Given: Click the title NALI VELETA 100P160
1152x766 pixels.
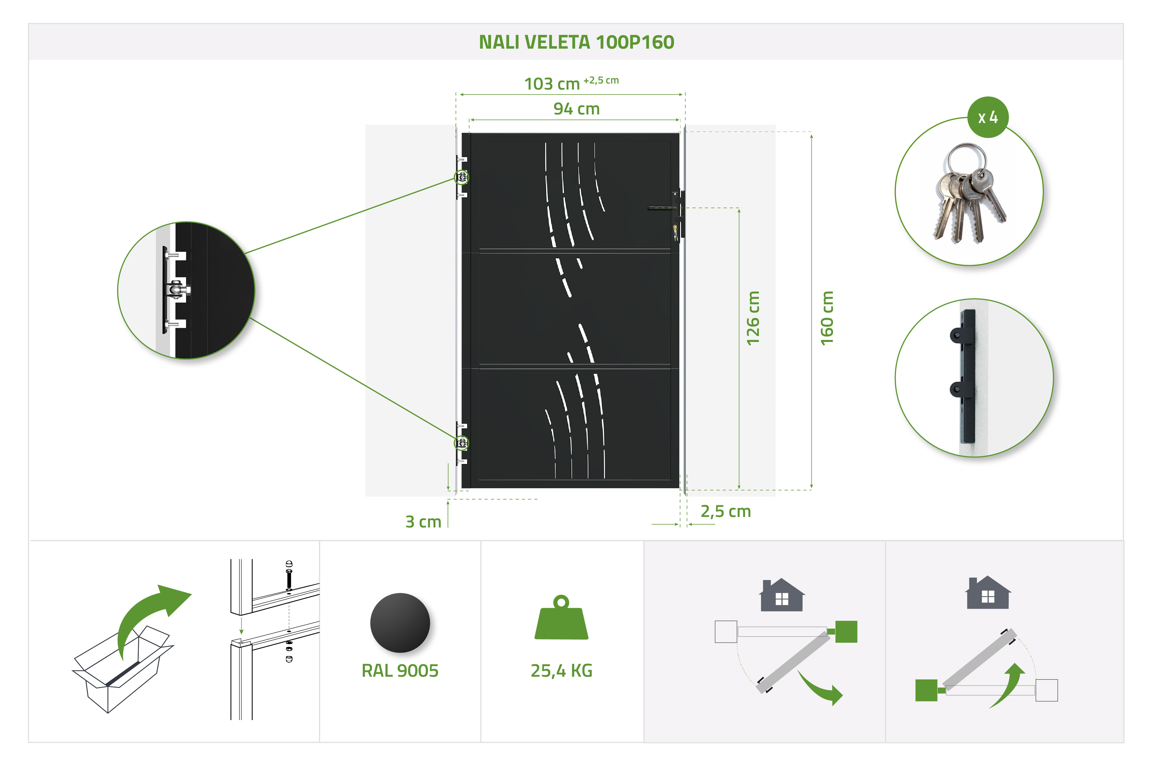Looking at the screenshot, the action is pos(576,42).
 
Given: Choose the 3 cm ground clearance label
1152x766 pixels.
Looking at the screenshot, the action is pos(423,522).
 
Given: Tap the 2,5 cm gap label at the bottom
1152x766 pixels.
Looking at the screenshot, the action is pos(725,511).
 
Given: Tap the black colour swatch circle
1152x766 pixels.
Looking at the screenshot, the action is pos(400,623).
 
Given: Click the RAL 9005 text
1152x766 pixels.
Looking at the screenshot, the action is pos(400,671).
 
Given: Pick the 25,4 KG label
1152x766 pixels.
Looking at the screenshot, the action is pos(561,671).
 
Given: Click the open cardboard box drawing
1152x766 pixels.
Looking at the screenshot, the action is pos(122,668).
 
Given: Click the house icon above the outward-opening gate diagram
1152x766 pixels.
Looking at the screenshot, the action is pos(782,595).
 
